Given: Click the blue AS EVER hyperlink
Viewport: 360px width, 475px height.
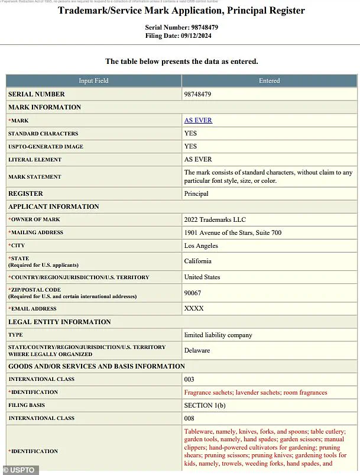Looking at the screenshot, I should pyautogui.click(x=198, y=120).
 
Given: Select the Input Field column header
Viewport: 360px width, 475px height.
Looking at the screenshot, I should pyautogui.click(x=93, y=80).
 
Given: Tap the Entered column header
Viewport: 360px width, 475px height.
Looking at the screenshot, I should pyautogui.click(x=269, y=80).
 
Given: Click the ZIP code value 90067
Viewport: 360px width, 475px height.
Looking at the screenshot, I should pyautogui.click(x=193, y=293).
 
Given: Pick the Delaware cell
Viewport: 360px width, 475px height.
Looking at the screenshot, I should pyautogui.click(x=197, y=350).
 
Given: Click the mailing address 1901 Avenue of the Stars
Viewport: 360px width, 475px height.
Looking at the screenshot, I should pyautogui.click(x=232, y=232).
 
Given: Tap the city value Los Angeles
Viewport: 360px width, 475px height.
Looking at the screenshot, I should pyautogui.click(x=201, y=245).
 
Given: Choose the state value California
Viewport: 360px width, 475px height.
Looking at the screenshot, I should pyautogui.click(x=197, y=261).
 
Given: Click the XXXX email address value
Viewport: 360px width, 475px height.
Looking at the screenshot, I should pyautogui.click(x=194, y=308).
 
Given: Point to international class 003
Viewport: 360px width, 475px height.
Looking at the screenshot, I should pyautogui.click(x=189, y=379).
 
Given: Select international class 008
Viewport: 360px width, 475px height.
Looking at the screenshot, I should pyautogui.click(x=189, y=418).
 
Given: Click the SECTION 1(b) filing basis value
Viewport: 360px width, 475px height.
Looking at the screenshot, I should pyautogui.click(x=206, y=405).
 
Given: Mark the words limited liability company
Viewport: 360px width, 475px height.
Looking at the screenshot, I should pyautogui.click(x=218, y=335).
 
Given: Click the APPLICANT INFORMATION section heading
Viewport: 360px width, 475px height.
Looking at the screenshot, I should pyautogui.click(x=54, y=206).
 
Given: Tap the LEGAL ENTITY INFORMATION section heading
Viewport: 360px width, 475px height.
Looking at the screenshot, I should pyautogui.click(x=60, y=322).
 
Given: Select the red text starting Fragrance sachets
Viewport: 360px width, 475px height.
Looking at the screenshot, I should pyautogui.click(x=255, y=392).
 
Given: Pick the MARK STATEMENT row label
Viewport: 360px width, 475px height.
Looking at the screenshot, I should pyautogui.click(x=35, y=177).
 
